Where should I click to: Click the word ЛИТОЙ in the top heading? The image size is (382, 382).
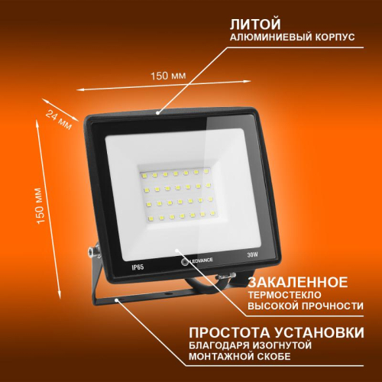click(x=251, y=23)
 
